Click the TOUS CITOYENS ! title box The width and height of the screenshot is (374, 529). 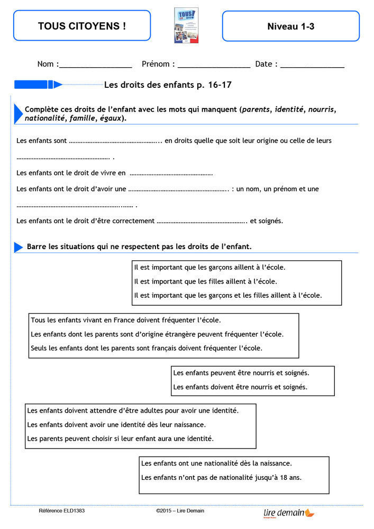[x=82, y=26]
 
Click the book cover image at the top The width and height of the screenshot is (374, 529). [x=186, y=25]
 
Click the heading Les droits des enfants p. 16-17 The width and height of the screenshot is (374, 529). [x=168, y=85]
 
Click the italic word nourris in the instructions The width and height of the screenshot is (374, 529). [x=321, y=110]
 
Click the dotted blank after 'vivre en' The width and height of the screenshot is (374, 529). [x=171, y=173]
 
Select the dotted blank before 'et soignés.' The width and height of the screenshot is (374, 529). [x=202, y=221]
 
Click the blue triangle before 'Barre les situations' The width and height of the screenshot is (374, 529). [x=19, y=247]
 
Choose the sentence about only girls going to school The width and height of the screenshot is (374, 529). [x=206, y=281]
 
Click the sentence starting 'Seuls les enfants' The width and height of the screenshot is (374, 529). [x=147, y=348]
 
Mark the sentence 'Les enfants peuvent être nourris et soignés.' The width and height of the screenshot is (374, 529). [x=241, y=373]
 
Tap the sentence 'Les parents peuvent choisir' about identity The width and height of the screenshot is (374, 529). [x=121, y=439]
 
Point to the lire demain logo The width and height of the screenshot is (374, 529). [x=289, y=512]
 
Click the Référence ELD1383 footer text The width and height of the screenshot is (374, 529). [x=62, y=511]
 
